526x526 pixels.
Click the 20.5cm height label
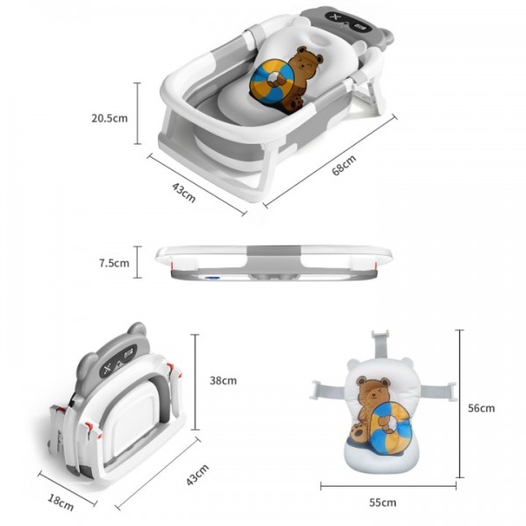tap(110, 118)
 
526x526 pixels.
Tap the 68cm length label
tap(344, 165)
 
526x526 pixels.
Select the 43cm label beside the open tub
tap(183, 192)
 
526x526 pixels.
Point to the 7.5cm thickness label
tap(114, 263)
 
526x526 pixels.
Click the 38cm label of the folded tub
tap(223, 380)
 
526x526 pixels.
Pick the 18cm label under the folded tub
tap(60, 502)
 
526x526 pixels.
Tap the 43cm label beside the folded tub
tap(197, 474)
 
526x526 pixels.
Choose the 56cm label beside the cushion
tap(481, 408)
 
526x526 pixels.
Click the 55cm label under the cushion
tap(382, 502)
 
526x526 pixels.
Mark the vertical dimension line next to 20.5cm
tap(138, 113)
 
